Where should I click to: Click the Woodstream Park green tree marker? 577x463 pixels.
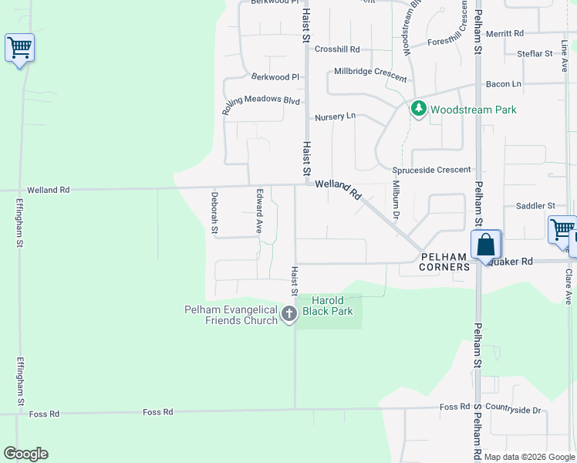coord(419,109)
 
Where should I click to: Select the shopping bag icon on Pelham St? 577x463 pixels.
coord(487,245)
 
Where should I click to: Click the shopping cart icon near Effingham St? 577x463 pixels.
coord(19,48)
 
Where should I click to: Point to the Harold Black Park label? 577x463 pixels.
coord(332,306)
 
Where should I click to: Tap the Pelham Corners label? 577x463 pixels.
coord(444,262)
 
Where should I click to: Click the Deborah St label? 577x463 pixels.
coord(214,212)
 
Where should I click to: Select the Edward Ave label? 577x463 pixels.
coord(260,211)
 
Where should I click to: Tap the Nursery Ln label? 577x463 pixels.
coord(335,117)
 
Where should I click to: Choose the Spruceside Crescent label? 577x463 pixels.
coord(431,170)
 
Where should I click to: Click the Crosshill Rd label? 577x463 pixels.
coord(337,49)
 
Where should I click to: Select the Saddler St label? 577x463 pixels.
coord(535,206)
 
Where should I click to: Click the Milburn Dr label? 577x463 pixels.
coord(395,200)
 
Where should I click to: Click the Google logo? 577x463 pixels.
coord(25,454)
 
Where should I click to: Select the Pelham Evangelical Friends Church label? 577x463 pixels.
coord(231,315)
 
